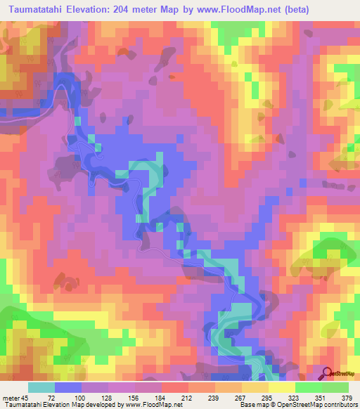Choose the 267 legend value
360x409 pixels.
[240, 398]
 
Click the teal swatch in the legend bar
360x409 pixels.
[42, 387]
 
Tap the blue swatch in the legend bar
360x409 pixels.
[67, 387]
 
